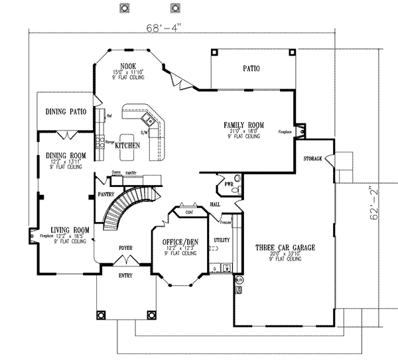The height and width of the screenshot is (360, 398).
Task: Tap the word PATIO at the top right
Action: pyautogui.click(x=251, y=68)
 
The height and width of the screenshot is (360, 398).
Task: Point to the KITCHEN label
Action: pyautogui.click(x=127, y=145)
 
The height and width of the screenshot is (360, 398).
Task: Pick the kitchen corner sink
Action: pyautogui.click(x=150, y=121)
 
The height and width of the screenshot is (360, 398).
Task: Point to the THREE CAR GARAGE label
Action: pyautogui.click(x=285, y=248)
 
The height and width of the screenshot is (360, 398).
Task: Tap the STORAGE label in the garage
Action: pyautogui.click(x=312, y=160)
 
